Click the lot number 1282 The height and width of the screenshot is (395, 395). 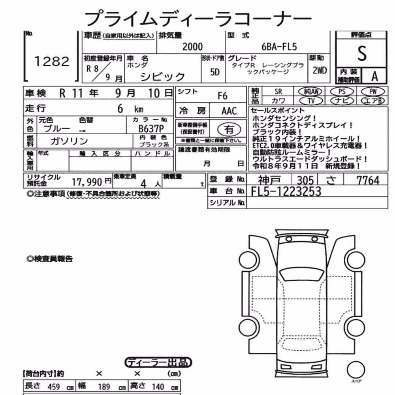(x=52, y=62)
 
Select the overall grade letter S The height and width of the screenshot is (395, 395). (x=362, y=53)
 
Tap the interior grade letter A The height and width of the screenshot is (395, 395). (x=374, y=76)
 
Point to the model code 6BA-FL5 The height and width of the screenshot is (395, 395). (x=279, y=47)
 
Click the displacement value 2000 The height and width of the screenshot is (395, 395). (x=192, y=47)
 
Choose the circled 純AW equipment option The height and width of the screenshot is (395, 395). (x=311, y=92)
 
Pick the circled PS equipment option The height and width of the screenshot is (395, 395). (x=342, y=92)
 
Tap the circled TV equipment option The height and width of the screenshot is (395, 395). (x=311, y=101)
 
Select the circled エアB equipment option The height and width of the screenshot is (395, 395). (x=373, y=101)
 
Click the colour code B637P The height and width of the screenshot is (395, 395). (x=151, y=129)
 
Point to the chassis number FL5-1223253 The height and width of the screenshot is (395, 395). (x=286, y=192)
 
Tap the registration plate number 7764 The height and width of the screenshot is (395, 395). (x=368, y=181)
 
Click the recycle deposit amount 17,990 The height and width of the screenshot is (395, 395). (x=87, y=182)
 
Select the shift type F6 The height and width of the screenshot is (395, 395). (x=222, y=96)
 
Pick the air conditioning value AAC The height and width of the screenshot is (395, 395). (x=229, y=111)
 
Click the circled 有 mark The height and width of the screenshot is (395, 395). (x=229, y=130)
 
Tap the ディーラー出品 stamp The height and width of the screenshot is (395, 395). (x=158, y=363)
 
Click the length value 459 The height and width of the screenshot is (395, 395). (x=54, y=386)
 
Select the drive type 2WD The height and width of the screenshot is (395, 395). (x=320, y=70)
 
